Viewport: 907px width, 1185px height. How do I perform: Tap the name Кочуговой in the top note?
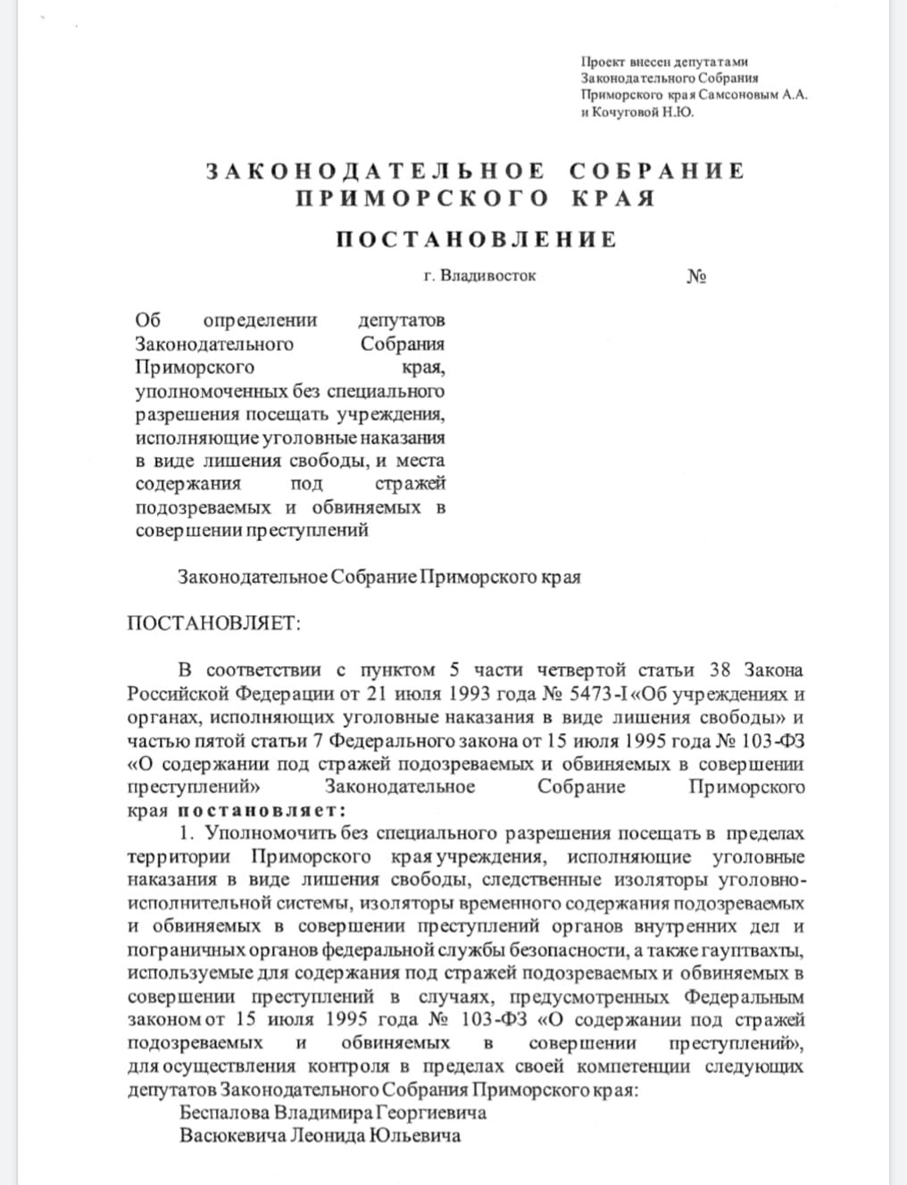[624, 113]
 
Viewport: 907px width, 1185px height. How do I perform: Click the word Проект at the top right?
[603, 62]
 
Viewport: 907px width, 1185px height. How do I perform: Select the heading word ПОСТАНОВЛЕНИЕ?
[476, 239]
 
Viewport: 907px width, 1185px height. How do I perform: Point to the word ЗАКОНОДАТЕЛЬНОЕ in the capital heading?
[375, 171]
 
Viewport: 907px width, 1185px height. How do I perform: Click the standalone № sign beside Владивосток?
[697, 276]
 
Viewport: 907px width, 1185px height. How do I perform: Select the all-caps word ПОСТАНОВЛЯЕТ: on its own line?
[213, 623]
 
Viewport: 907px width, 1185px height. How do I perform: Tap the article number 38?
[720, 671]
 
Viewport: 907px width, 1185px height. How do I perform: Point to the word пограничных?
[177, 950]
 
